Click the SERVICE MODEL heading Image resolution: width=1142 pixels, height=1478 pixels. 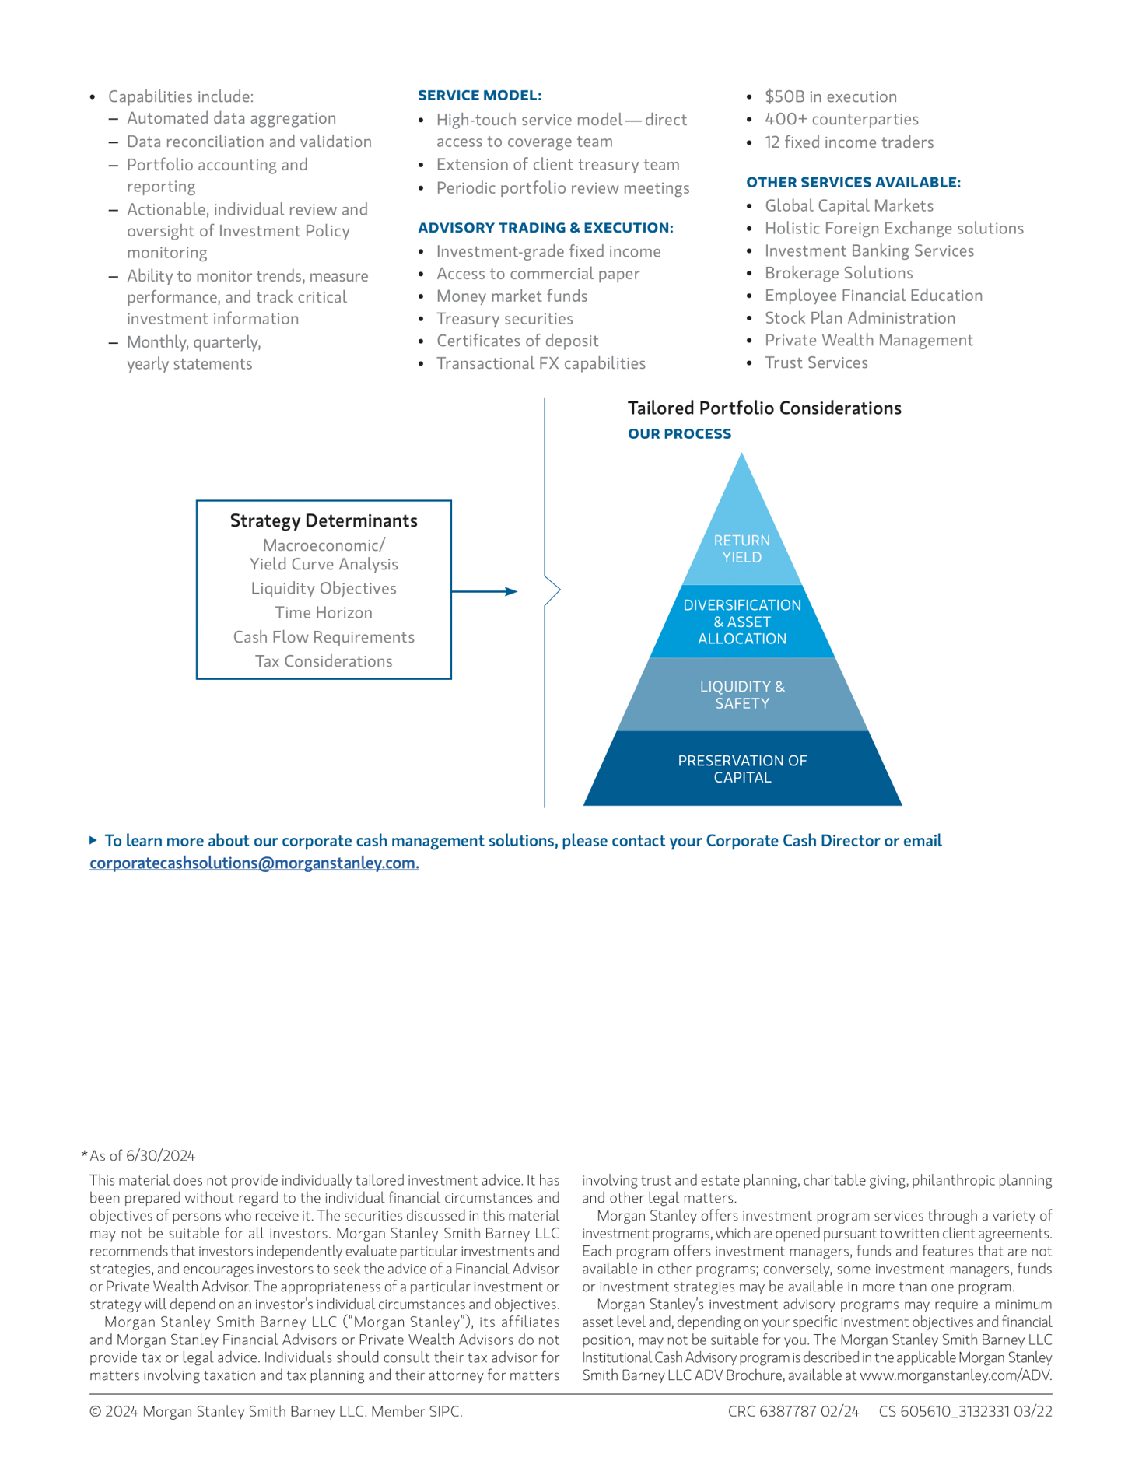pyautogui.click(x=479, y=96)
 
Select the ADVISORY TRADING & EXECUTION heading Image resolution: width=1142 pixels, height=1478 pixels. pyautogui.click(x=545, y=228)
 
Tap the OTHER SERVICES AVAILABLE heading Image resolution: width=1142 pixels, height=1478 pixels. pyautogui.click(x=853, y=182)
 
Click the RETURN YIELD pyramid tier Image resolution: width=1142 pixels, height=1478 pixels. pyautogui.click(x=741, y=548)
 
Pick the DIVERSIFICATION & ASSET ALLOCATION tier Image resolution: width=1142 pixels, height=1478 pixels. pyautogui.click(x=741, y=622)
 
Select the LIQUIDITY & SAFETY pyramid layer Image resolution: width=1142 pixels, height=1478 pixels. pyautogui.click(x=741, y=695)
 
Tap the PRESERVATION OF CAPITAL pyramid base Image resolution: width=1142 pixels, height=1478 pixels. pyautogui.click(x=741, y=769)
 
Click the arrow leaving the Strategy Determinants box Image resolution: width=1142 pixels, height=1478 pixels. pyautogui.click(x=485, y=591)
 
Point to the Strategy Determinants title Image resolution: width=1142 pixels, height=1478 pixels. pyautogui.click(x=324, y=520)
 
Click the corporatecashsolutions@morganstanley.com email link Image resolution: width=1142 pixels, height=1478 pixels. pyautogui.click(x=254, y=863)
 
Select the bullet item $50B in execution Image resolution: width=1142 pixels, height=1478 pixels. pyautogui.click(x=830, y=96)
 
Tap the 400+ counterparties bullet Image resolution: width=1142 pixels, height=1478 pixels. pyautogui.click(x=841, y=119)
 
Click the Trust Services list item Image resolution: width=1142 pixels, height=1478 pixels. pyautogui.click(x=816, y=362)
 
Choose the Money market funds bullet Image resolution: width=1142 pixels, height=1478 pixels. pyautogui.click(x=512, y=296)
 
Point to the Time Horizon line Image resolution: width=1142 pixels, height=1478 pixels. pyautogui.click(x=324, y=613)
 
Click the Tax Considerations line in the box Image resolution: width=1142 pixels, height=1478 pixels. pyautogui.click(x=324, y=661)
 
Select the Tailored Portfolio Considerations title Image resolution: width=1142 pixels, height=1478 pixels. pyautogui.click(x=764, y=408)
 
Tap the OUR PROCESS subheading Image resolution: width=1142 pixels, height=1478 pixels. pyautogui.click(x=679, y=434)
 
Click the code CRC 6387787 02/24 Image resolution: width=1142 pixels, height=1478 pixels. pyautogui.click(x=793, y=1411)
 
